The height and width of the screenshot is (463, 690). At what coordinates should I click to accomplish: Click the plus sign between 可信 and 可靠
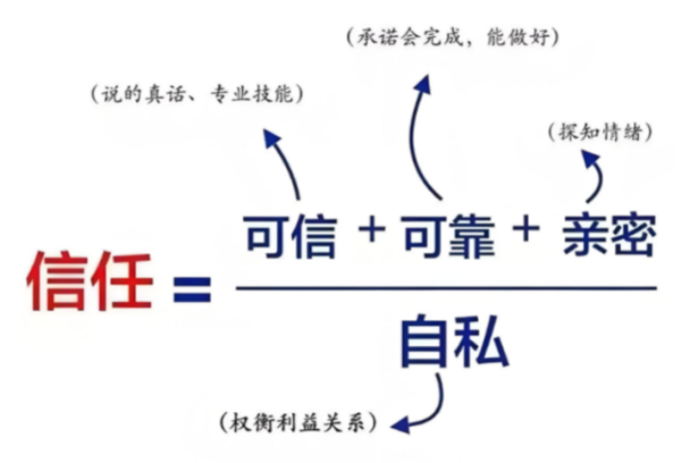371,231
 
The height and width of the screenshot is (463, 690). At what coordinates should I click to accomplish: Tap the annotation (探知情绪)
599,131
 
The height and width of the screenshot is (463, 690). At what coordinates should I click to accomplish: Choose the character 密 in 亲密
632,236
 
